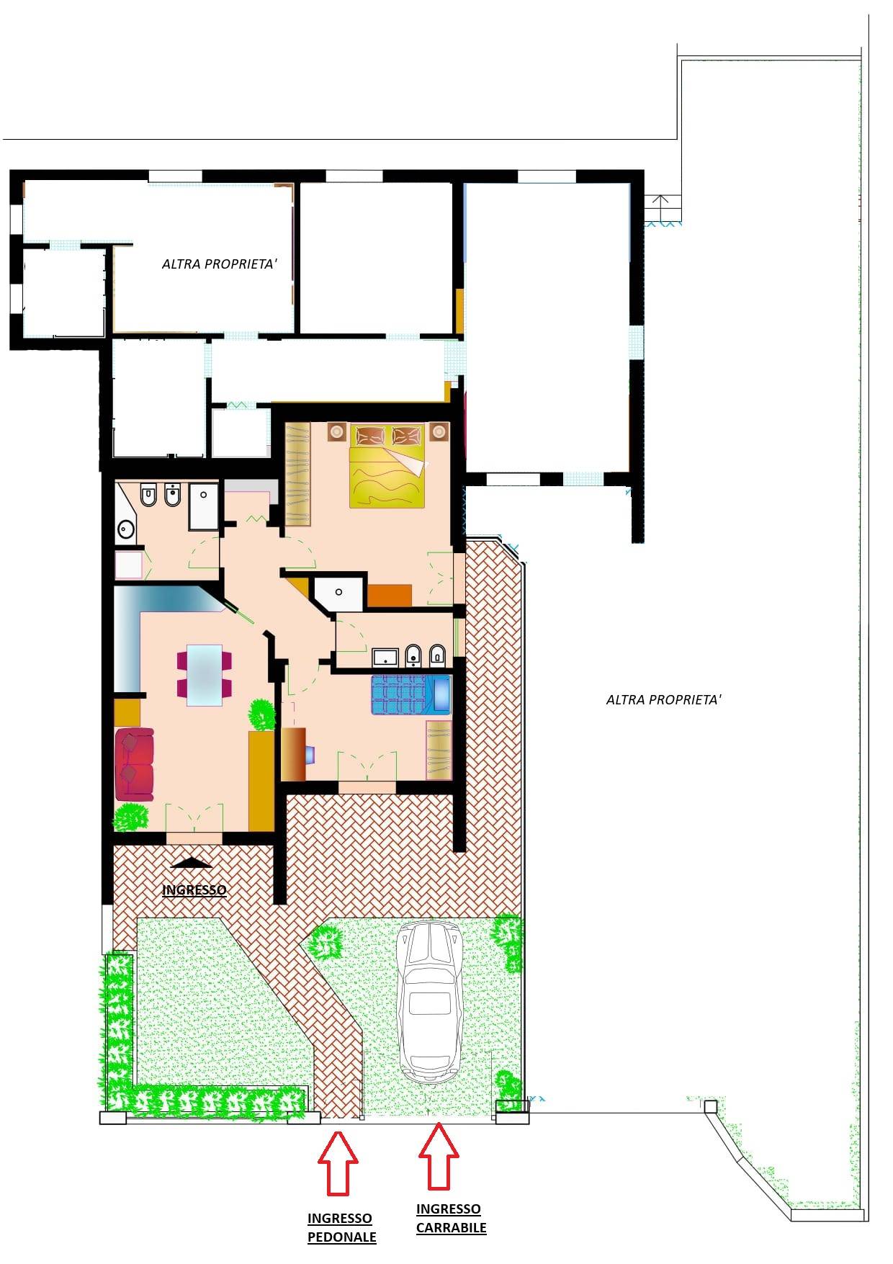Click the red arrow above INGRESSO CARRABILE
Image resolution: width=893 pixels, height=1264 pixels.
(439, 1155)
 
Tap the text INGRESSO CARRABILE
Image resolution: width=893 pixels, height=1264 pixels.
(451, 1218)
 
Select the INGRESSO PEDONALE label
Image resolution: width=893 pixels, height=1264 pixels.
(342, 1227)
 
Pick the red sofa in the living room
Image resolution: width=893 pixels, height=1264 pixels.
(135, 764)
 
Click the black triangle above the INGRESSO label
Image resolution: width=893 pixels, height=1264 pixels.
(192, 863)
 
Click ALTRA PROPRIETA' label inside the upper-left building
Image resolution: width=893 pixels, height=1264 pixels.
(220, 264)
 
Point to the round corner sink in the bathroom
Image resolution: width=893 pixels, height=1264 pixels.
(126, 531)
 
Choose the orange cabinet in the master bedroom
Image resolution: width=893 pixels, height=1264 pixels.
(389, 596)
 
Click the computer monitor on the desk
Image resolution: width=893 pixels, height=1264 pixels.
(310, 754)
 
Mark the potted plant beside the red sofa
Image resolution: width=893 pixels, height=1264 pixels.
(131, 817)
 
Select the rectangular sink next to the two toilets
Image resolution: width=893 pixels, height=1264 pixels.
(385, 657)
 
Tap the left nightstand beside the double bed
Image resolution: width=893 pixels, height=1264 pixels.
(337, 431)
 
